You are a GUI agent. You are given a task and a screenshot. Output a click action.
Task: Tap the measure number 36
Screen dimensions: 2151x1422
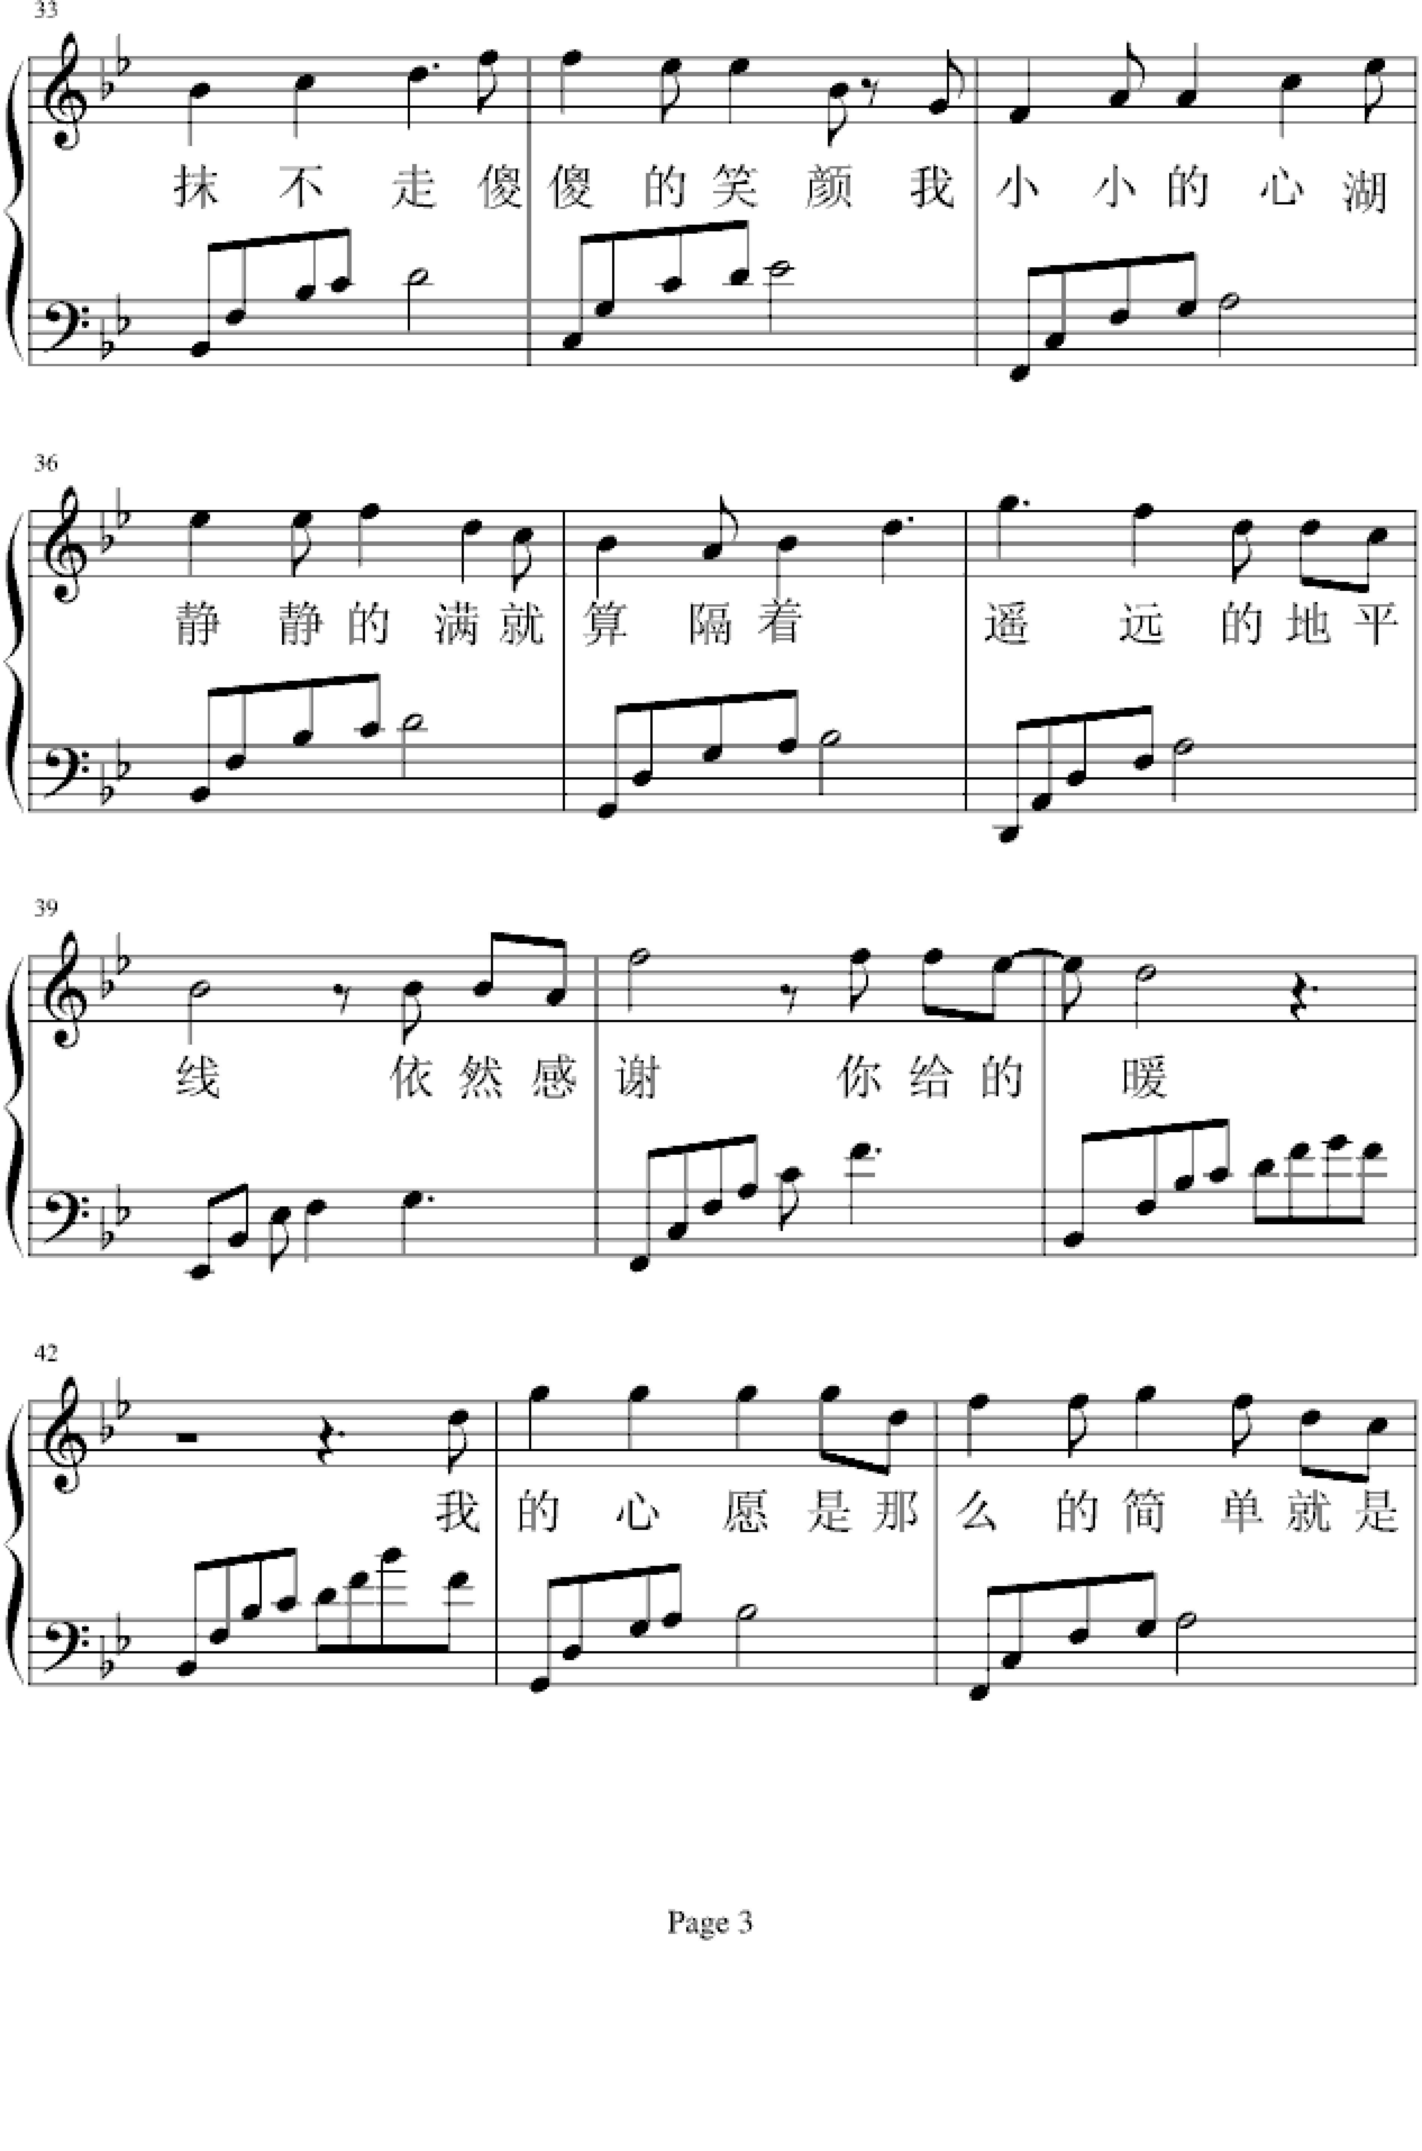click(x=45, y=464)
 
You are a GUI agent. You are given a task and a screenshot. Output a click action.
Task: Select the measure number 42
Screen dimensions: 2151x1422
click(x=45, y=1353)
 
